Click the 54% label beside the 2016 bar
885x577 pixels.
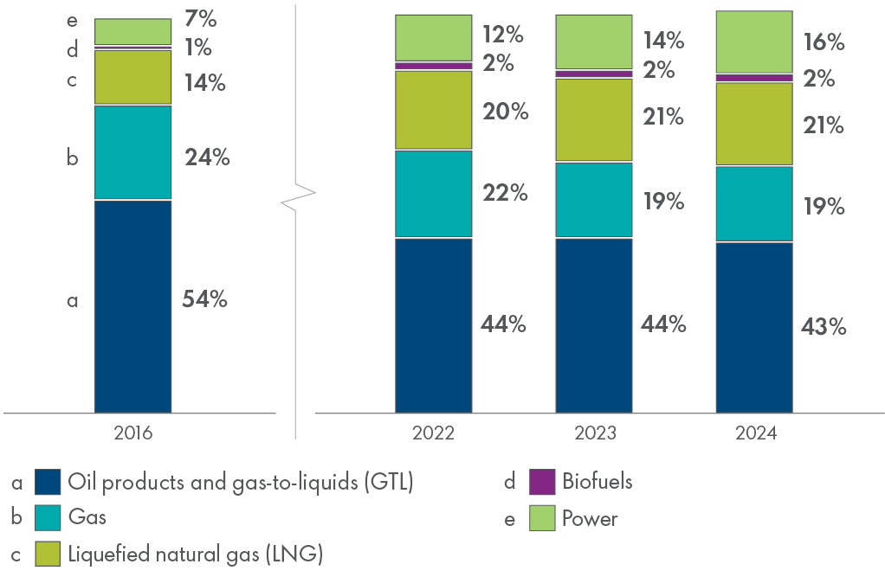204,299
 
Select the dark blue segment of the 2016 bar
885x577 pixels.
132,306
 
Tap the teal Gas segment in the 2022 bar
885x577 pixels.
433,194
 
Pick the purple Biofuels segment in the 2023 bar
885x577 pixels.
593,74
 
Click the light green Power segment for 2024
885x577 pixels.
753,42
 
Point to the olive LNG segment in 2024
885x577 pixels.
753,124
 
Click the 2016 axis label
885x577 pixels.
132,433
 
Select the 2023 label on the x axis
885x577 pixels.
593,433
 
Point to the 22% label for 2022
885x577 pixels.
505,193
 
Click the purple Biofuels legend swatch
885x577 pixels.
541,482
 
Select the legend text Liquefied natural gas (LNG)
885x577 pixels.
195,554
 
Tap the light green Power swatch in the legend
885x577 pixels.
541,519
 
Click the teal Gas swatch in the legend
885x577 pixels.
48,517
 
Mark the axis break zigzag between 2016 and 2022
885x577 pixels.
297,196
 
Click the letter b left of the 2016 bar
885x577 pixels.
73,159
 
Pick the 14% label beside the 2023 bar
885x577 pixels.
664,41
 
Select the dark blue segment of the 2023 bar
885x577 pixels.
593,325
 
